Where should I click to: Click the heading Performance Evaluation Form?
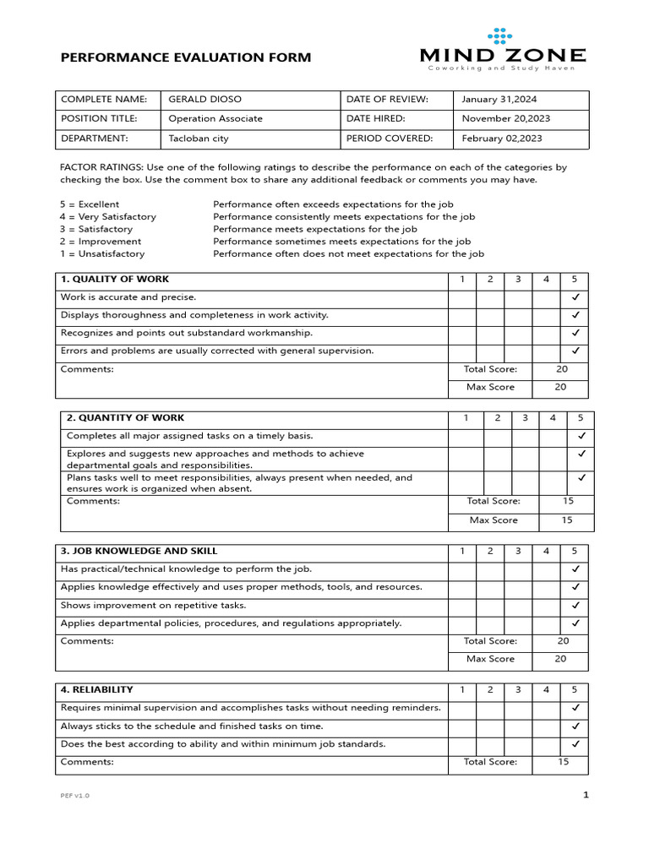coord(185,57)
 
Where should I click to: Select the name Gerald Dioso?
coord(205,100)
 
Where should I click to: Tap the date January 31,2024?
coord(499,100)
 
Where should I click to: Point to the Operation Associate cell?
coord(215,119)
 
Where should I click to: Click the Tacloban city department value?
coord(199,139)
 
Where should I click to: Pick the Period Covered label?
coord(389,139)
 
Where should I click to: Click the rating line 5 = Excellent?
coord(89,204)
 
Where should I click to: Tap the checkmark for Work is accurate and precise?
coord(575,297)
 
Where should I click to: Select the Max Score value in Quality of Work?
coord(561,387)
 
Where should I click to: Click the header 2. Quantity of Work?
coord(125,418)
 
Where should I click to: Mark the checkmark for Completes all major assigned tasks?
coord(581,436)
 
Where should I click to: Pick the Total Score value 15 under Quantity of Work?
coord(568,501)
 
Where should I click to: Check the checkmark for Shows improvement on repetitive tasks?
coord(575,605)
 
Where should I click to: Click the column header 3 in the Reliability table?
coord(518,690)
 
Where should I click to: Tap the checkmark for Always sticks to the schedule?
coord(575,726)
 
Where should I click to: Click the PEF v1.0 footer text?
coord(74,796)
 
